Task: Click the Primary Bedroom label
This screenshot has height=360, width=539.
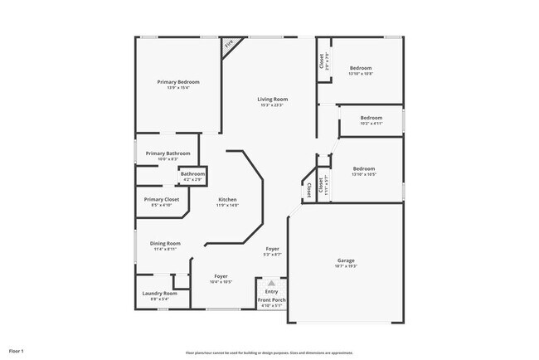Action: [178, 81]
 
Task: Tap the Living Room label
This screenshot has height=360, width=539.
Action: [271, 99]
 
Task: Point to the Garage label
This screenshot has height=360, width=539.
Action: [346, 260]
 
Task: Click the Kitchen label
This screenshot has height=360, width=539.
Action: [228, 200]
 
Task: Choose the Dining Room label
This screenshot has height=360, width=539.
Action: [165, 243]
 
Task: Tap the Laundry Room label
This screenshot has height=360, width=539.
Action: [160, 293]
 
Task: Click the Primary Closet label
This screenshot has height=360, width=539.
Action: [161, 199]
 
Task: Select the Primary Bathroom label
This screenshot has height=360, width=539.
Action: [168, 153]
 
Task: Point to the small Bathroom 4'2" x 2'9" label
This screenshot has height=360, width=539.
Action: [193, 173]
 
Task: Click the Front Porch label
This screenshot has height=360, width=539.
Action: [271, 299]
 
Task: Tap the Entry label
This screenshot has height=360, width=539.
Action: [271, 291]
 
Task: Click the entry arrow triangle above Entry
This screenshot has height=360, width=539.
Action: [271, 283]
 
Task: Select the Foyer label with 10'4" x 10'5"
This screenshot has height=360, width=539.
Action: [221, 275]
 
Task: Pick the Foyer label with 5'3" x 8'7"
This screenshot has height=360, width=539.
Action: [273, 249]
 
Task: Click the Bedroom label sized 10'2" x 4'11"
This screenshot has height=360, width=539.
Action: [371, 118]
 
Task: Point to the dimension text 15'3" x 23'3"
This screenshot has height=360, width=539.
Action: [271, 105]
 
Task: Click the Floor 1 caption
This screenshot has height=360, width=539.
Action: [17, 352]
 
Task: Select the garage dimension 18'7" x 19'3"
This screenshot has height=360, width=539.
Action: [346, 266]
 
